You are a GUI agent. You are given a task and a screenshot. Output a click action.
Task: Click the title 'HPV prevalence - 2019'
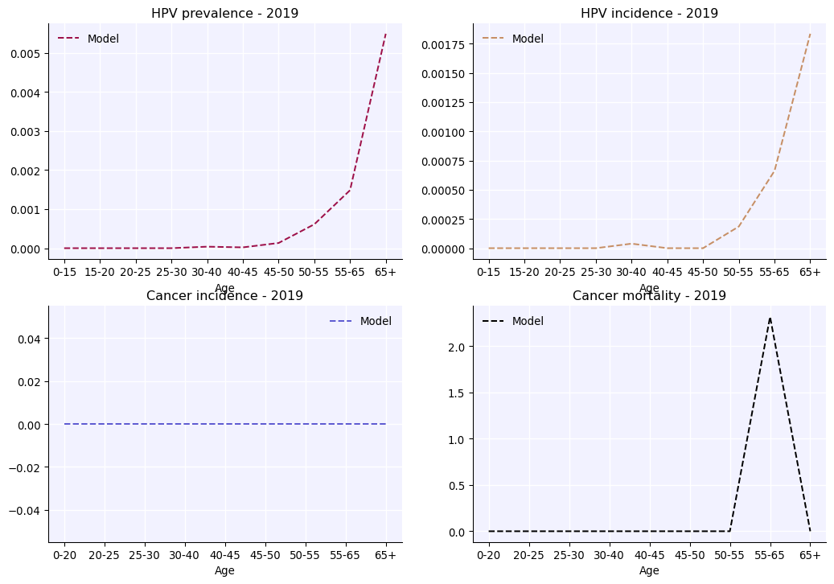coord(224,14)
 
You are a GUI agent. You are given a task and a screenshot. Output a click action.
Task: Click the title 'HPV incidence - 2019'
coord(649,14)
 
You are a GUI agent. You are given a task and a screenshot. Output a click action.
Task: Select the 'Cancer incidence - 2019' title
coord(224,296)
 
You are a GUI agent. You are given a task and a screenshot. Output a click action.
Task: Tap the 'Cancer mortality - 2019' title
coord(649,296)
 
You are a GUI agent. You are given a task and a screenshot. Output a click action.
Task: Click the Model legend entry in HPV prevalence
coord(103,39)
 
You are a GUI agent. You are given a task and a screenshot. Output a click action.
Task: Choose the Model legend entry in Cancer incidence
coord(376,321)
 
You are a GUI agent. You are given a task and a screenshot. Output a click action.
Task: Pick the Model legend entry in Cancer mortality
coord(528,321)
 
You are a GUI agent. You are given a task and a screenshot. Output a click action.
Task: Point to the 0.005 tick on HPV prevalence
coord(26,53)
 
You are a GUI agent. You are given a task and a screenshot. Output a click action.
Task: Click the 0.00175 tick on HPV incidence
coord(445,44)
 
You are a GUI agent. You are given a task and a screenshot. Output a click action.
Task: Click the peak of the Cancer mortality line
coord(770,318)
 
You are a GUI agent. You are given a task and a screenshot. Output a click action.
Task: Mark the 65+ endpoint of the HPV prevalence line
coord(386,34)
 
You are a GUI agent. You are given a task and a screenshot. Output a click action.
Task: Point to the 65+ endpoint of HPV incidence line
coord(810,34)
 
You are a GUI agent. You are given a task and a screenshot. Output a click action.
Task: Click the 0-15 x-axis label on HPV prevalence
coord(64,272)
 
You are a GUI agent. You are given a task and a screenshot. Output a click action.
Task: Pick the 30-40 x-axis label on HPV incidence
coord(631,272)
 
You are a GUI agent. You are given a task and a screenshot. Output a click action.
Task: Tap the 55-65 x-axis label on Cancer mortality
coord(770,555)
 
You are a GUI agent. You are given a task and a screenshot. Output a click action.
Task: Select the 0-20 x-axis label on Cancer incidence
coord(64,555)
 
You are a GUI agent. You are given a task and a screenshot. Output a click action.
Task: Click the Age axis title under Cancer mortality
coord(649,570)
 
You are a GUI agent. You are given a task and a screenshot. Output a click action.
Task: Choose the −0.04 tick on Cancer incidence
coord(26,510)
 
